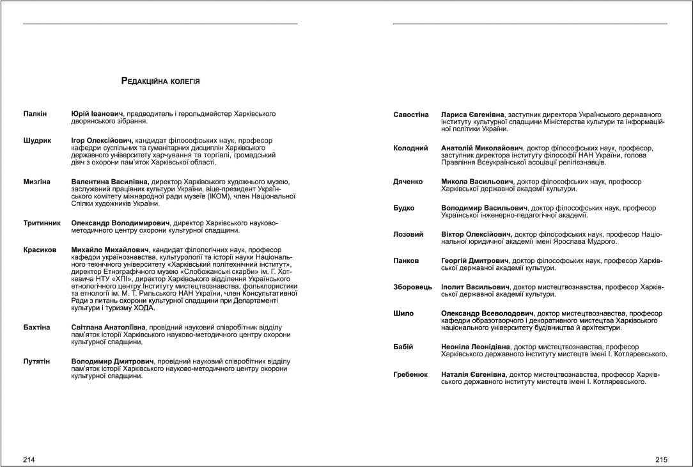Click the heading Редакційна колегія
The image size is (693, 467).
pos(160,81)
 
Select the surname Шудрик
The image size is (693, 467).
pos(37,140)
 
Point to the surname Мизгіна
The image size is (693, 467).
pos(37,182)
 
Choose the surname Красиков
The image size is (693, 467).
pos(40,249)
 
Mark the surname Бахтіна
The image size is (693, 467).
pos(36,328)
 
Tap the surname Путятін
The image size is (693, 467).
pos(38,361)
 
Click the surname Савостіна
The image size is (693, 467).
pos(411,115)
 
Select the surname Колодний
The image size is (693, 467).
pos(410,148)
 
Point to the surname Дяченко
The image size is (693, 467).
pos(408,182)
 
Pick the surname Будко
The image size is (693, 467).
pos(403,208)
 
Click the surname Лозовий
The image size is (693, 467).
pos(408,235)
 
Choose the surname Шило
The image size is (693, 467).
pos(403,313)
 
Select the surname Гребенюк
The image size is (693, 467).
pos(410,374)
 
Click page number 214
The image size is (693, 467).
pos(29,459)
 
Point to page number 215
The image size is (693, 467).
pos(661,459)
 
